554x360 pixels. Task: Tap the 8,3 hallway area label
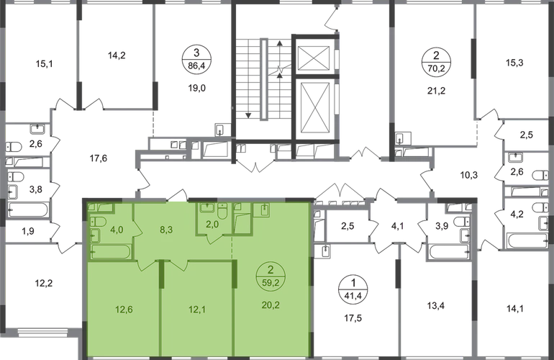coord(164,231)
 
